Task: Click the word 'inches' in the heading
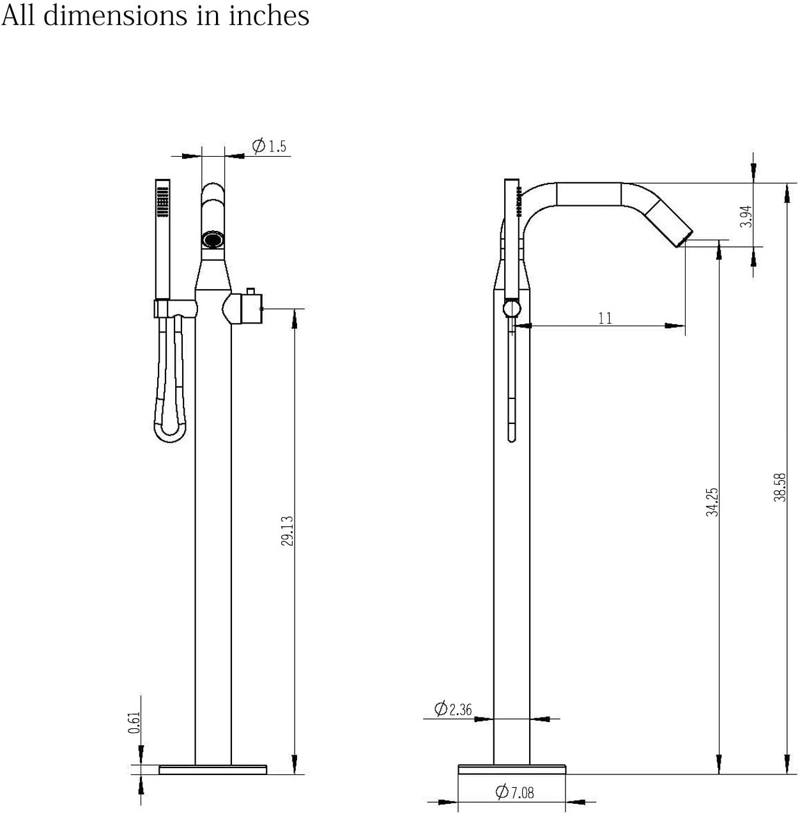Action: coord(269,16)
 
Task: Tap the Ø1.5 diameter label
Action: coord(269,146)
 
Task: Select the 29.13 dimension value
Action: coord(288,531)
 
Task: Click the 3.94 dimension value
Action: coord(746,216)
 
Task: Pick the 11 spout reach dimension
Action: coord(605,318)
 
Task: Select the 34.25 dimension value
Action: coord(712,502)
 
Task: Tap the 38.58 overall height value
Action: coord(780,487)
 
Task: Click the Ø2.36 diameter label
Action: coord(453,709)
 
